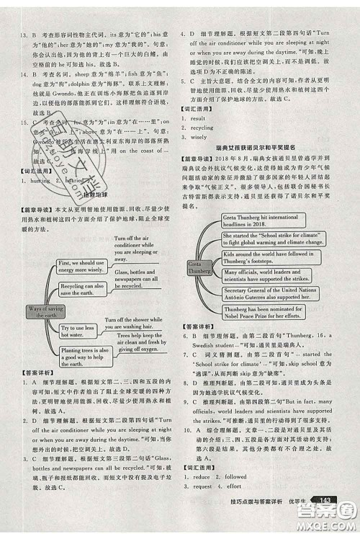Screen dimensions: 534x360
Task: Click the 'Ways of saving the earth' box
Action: click(46, 292)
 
